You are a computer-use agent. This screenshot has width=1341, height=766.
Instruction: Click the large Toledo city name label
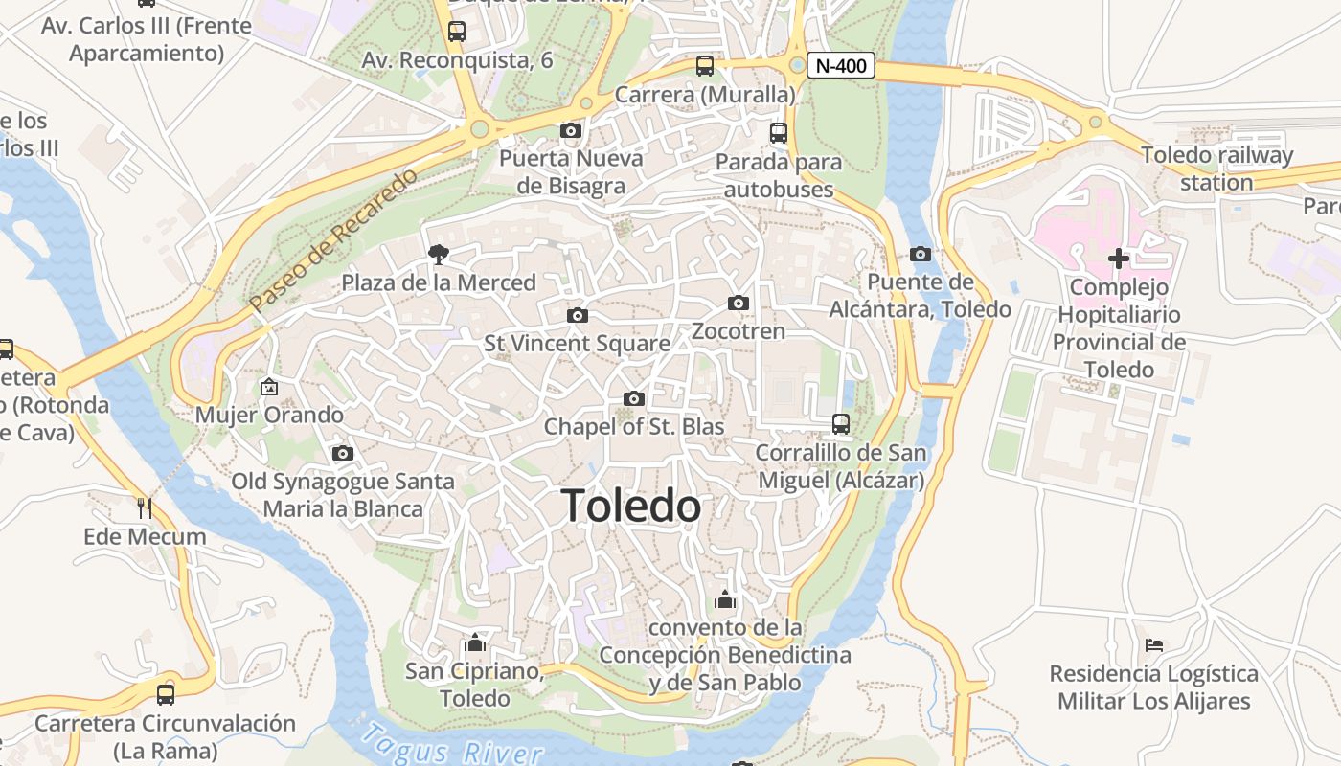click(x=630, y=506)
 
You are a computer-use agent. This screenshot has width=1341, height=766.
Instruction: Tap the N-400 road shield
click(x=841, y=65)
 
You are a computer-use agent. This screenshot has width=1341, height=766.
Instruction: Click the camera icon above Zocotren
click(x=738, y=304)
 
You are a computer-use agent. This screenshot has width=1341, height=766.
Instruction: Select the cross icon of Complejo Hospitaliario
click(x=1118, y=258)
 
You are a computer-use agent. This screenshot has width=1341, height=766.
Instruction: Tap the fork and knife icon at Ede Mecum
click(x=145, y=507)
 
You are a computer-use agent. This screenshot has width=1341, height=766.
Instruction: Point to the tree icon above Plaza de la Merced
click(x=439, y=254)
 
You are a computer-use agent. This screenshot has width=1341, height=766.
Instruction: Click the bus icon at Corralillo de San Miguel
click(x=840, y=423)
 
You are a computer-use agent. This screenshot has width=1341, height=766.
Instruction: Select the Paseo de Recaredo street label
click(x=334, y=240)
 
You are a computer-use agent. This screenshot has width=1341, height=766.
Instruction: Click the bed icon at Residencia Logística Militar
click(x=1153, y=645)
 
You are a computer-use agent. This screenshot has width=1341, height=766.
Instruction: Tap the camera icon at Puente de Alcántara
click(x=920, y=254)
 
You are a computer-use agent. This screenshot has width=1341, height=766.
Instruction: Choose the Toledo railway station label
click(x=1216, y=169)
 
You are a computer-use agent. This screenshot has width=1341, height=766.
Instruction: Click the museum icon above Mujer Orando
click(x=269, y=387)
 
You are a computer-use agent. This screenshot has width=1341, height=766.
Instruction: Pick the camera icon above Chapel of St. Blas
click(x=633, y=398)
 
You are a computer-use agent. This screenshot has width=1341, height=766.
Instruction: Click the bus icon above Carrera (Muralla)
click(x=705, y=66)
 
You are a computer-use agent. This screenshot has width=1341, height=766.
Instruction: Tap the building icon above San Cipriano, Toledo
click(x=474, y=642)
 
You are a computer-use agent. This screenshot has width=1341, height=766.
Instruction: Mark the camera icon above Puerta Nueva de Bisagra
click(x=570, y=130)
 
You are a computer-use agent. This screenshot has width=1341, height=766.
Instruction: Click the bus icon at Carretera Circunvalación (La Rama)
click(x=166, y=694)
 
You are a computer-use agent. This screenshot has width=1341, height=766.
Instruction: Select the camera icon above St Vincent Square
click(x=577, y=315)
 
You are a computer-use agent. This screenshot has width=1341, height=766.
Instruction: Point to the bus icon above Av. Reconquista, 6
click(x=457, y=32)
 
